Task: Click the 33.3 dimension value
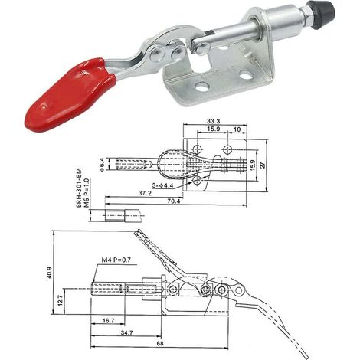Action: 214,121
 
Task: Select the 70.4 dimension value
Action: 174,201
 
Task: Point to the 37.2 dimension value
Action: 145,193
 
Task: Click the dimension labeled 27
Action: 263,165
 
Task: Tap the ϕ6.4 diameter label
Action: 102,165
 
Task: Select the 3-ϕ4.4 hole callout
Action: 162,185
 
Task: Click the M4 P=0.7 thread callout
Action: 116,260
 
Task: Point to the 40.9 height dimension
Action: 49,273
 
